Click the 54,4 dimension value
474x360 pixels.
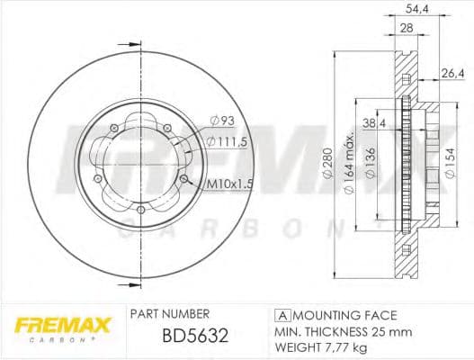[416, 9]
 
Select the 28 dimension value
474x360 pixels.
[407, 29]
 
